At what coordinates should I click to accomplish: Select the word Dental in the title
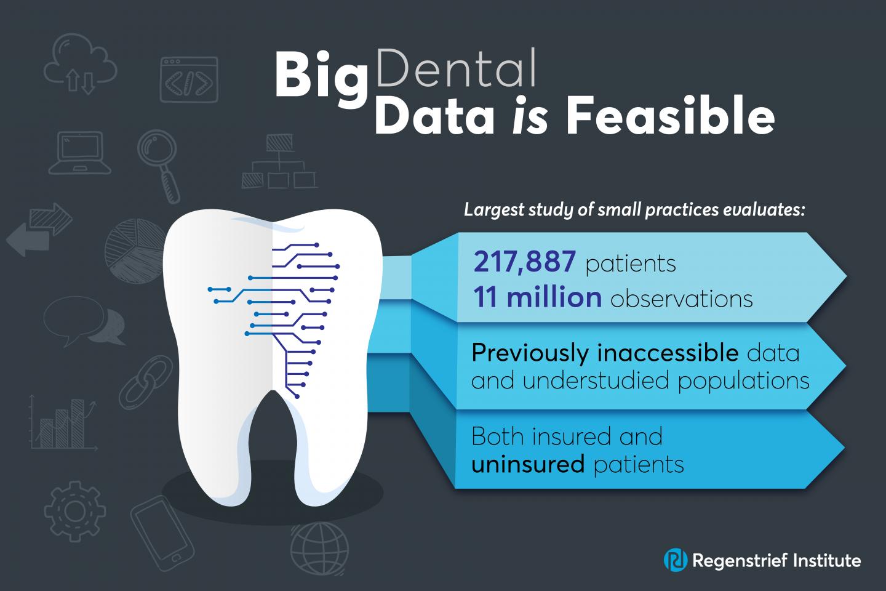point(457,68)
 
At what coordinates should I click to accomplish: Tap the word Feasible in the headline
point(670,115)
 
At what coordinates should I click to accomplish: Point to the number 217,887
point(524,262)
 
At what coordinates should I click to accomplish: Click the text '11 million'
point(538,297)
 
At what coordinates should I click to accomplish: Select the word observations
point(682,299)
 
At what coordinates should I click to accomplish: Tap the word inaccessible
point(668,352)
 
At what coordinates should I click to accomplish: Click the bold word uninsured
point(528,464)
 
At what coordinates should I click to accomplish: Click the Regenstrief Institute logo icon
point(676,560)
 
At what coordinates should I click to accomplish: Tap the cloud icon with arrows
point(80,63)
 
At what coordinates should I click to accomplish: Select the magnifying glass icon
point(159,166)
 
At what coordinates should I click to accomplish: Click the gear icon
point(74,511)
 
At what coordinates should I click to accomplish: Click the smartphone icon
point(162,533)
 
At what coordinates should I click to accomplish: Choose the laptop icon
point(80,153)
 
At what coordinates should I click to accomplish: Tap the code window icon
point(189,79)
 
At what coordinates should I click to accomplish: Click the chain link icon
point(146,382)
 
